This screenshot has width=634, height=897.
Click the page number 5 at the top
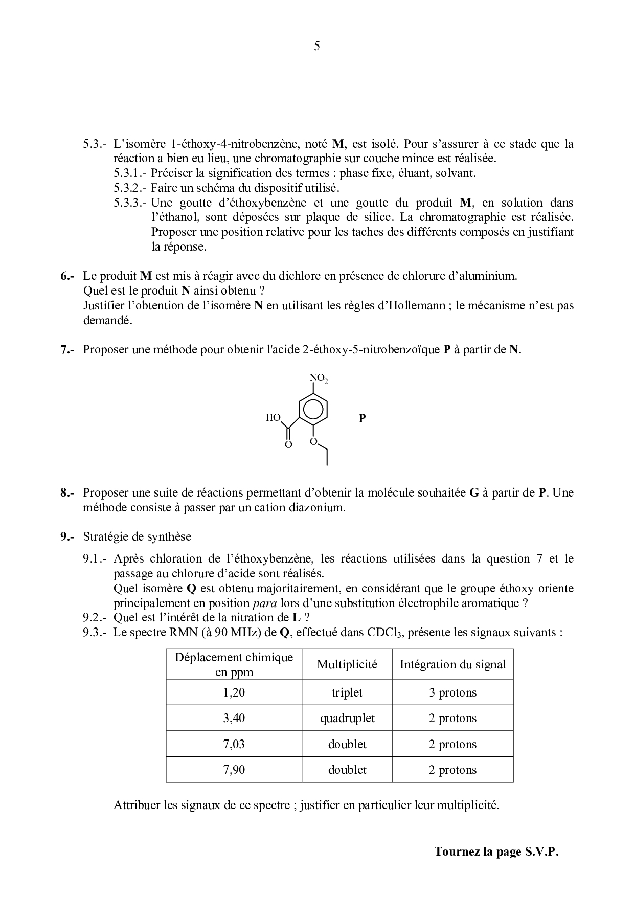pos(317,47)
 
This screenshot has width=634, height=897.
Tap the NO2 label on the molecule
pos(319,379)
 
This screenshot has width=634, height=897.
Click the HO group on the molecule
pos(273,417)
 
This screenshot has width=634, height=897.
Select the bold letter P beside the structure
pos(362,418)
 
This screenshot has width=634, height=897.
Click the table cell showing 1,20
pos(234,692)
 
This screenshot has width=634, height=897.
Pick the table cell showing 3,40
pos(234,718)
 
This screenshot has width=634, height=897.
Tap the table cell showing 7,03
pos(234,744)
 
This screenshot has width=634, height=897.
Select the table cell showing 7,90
pos(234,769)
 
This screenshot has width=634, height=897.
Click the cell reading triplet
pos(347,692)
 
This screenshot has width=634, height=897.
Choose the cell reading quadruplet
pos(347,718)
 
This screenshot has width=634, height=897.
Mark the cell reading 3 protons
pos(452,692)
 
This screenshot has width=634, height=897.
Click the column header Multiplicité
pos(347,664)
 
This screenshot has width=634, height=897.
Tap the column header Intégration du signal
pos(452,664)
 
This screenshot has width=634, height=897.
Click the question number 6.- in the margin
pos(67,276)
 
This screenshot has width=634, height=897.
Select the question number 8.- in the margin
pos(67,493)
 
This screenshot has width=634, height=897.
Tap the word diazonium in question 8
pos(320,508)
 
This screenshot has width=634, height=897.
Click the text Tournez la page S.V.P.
pos(496,851)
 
